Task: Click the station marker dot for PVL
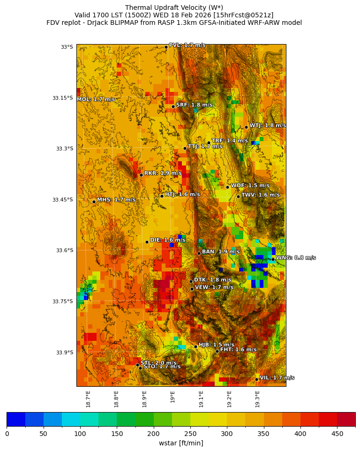[x=166, y=47]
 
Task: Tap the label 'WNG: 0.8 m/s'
[x=295, y=258]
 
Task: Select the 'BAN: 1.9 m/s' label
[x=220, y=252]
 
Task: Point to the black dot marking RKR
[x=141, y=175]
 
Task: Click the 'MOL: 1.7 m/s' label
[x=96, y=99]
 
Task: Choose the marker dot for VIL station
[x=257, y=379]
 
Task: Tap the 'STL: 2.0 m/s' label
[x=158, y=363]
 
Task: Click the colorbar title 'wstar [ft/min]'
[x=181, y=443]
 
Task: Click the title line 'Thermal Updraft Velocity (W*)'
[x=174, y=8]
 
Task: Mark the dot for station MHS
[x=94, y=202]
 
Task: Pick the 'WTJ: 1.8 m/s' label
[x=267, y=126]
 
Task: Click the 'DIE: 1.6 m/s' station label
[x=167, y=240]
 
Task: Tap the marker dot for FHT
[x=217, y=351]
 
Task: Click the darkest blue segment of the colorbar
[x=16, y=419]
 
